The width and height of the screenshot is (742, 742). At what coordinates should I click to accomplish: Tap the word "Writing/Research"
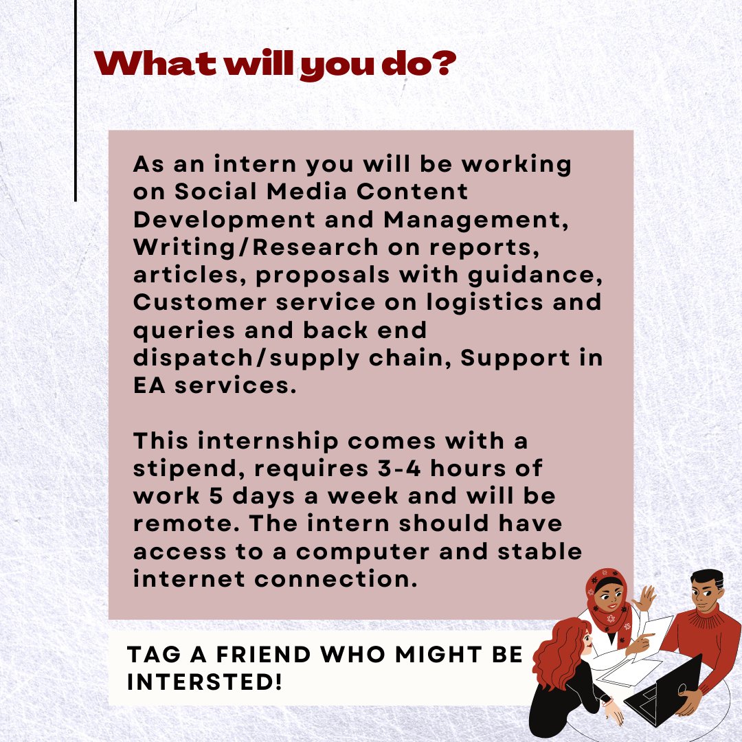[255, 247]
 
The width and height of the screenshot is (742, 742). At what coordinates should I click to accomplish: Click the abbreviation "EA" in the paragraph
[148, 385]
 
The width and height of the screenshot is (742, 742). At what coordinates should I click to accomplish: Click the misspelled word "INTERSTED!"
[205, 682]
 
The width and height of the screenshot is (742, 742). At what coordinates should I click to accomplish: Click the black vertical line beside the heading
[75, 103]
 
